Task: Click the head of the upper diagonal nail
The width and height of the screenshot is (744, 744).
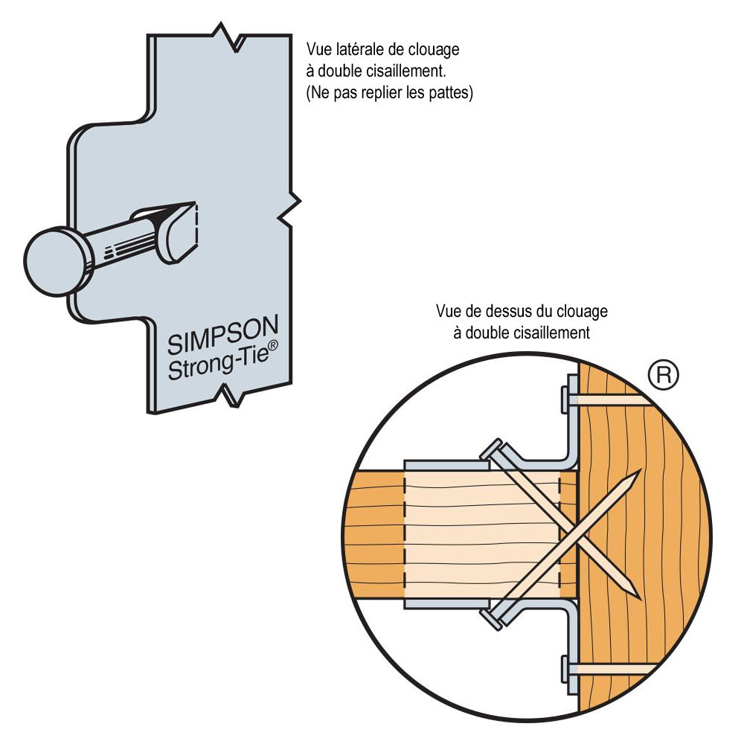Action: coord(493,451)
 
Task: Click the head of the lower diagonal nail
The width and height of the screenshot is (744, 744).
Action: coord(492,615)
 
